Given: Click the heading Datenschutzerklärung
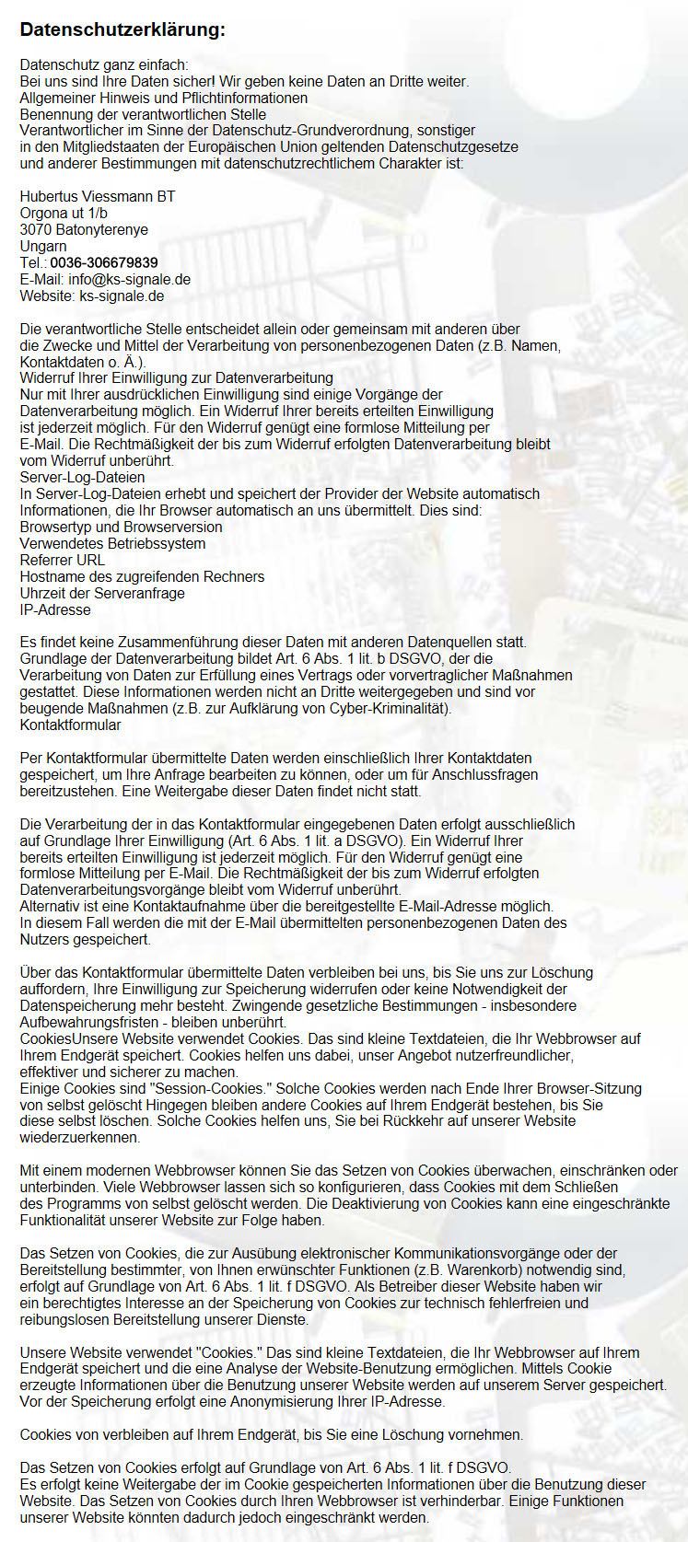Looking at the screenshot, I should point(122,29).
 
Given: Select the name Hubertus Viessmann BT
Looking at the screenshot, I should point(98,196).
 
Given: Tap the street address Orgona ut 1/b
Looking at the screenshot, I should point(64,213).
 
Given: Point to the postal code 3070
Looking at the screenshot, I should point(36,229).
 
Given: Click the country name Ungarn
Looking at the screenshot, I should point(43,246).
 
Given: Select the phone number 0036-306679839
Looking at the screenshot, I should point(104,262).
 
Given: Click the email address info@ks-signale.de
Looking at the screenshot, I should point(130,279).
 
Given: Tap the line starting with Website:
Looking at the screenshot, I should point(92,296).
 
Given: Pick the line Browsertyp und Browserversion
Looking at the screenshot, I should point(121,527).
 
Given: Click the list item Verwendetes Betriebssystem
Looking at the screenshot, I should point(112,543).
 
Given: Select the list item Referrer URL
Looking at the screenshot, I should point(63,560).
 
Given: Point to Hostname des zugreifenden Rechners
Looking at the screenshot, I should point(142,576).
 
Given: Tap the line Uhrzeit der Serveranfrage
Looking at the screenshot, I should point(102,593).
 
